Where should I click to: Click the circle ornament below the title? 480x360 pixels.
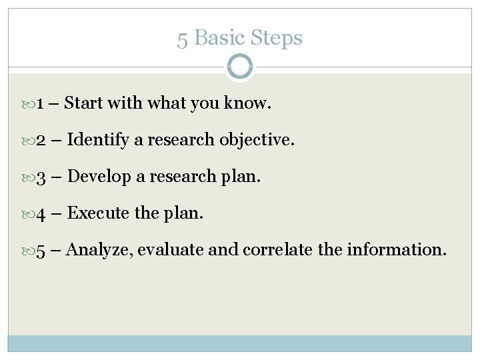click(239, 67)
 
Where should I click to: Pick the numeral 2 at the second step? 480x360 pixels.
click(41, 141)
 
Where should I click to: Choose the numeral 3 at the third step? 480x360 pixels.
click(41, 178)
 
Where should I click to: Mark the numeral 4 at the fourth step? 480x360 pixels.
click(41, 215)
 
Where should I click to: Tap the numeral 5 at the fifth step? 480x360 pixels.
click(41, 252)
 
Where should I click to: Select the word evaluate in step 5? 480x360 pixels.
click(175, 252)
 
